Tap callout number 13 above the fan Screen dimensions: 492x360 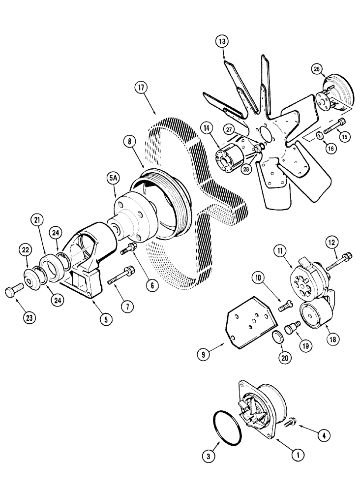click(x=223, y=42)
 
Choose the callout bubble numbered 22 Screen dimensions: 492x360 click(x=25, y=250)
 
